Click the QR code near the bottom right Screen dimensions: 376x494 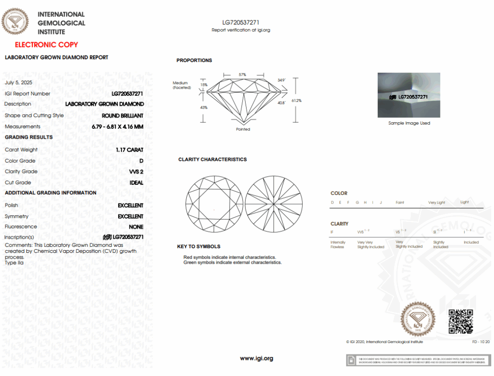coord(460,321)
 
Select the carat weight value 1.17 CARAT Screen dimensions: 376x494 coord(129,150)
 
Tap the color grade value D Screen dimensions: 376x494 coord(141,161)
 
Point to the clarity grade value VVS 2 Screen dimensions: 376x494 coord(136,172)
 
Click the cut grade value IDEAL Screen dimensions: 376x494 coord(136,183)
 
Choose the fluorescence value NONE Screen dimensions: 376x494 coord(136,227)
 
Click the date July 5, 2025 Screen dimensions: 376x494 coord(18,82)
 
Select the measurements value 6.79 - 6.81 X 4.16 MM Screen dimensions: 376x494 coord(117,127)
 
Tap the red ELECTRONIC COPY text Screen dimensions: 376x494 coord(47,45)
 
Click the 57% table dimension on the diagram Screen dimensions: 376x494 coord(242,75)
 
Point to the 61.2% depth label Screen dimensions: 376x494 coord(296,101)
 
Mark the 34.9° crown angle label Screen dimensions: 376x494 coord(281,80)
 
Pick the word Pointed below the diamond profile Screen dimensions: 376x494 coord(243,129)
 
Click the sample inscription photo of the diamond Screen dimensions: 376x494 coord(409,95)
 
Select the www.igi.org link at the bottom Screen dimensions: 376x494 coord(256,359)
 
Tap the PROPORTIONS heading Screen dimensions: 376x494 coord(194,61)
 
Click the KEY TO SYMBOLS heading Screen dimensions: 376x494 coord(199,247)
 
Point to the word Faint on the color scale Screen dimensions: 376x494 coord(400,203)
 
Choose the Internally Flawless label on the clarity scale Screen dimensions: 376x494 coord(338,244)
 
